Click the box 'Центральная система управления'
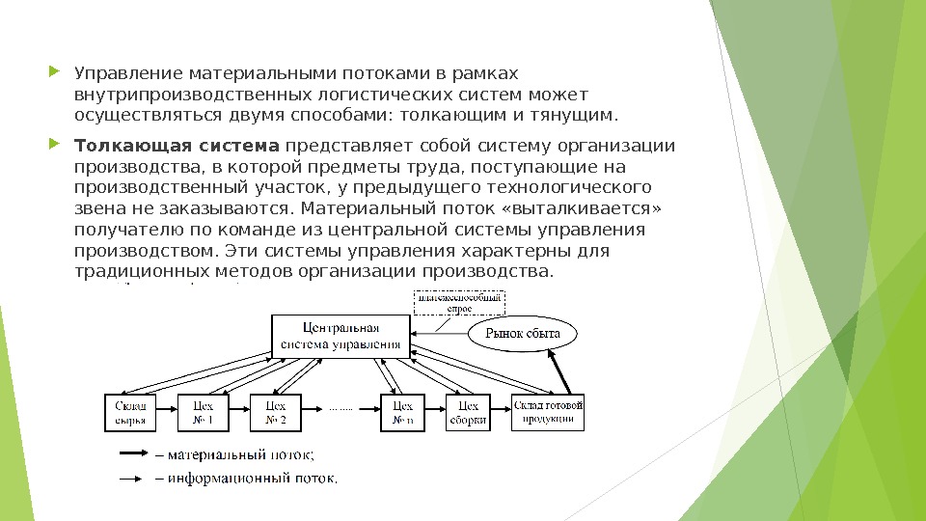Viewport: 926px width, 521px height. click(x=340, y=336)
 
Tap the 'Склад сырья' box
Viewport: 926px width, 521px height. click(x=130, y=412)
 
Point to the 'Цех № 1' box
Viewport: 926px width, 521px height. click(x=204, y=412)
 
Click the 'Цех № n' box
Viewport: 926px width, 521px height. click(x=403, y=412)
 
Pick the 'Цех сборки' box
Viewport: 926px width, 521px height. click(x=468, y=412)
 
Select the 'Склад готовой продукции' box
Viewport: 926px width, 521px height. click(x=549, y=411)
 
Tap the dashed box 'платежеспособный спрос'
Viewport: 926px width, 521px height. click(x=458, y=303)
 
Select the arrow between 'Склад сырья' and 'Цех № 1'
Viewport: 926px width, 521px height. click(x=166, y=412)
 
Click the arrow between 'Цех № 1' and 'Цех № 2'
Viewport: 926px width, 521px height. click(x=240, y=412)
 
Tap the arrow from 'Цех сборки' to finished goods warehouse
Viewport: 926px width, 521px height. click(x=502, y=412)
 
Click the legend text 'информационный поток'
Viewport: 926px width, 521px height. click(x=254, y=477)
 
